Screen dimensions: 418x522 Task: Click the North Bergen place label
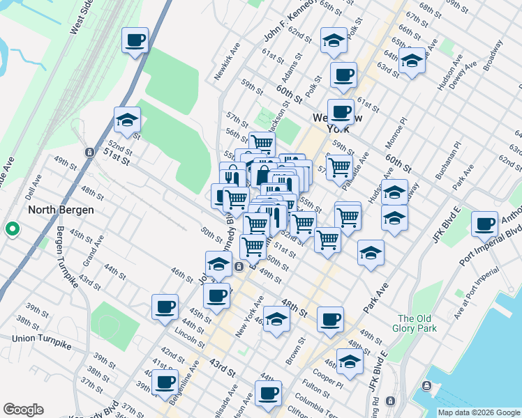tap(61, 209)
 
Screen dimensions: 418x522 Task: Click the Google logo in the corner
tap(23, 410)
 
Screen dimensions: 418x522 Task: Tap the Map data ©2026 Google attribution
tap(479, 412)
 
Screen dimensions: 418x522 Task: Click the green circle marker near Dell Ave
tap(12, 229)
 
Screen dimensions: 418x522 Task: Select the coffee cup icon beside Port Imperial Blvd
tap(484, 223)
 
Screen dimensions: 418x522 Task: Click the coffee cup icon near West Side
tap(135, 40)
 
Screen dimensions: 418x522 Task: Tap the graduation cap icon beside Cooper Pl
tap(350, 361)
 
